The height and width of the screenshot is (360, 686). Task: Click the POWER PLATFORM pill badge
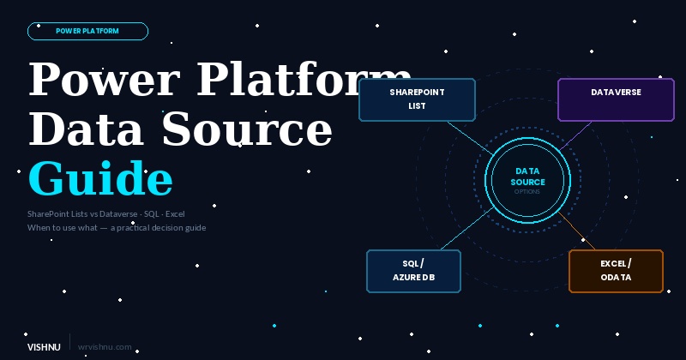87,31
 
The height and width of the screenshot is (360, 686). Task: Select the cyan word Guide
100,179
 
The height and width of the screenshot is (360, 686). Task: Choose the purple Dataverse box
616,99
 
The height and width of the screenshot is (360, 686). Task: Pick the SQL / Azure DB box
413,271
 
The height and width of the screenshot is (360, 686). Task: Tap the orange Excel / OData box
616,271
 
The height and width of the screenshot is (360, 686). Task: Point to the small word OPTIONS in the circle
527,191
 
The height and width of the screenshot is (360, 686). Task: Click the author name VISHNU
44,347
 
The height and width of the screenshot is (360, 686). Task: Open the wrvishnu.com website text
105,347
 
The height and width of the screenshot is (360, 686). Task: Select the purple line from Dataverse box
576,135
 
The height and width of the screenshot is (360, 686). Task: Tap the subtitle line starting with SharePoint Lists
105,213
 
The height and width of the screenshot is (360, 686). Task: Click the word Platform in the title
304,81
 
